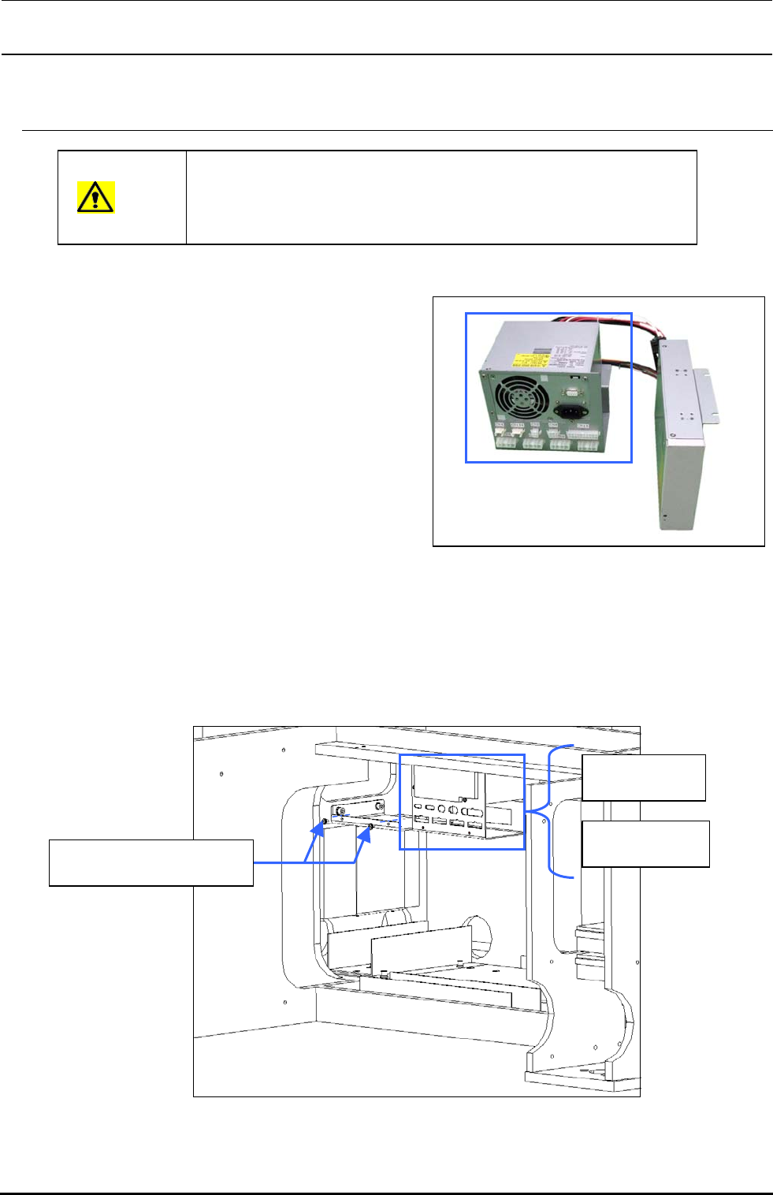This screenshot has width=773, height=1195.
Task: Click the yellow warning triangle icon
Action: (x=95, y=196)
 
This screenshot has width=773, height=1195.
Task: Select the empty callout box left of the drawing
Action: (x=151, y=862)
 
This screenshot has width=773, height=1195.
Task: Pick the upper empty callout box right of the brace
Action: (x=643, y=777)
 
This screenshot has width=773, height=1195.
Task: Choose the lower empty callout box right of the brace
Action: (x=645, y=843)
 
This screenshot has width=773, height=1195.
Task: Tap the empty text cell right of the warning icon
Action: (x=441, y=197)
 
